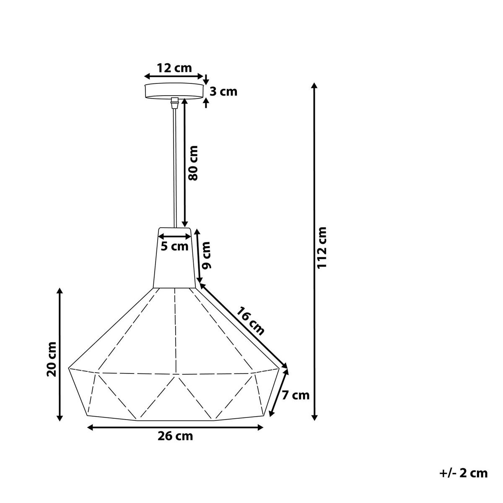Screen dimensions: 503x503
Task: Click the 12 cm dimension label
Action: click(x=174, y=68)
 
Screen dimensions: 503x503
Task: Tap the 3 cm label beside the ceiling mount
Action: click(x=223, y=92)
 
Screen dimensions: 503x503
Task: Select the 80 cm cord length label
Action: click(x=193, y=163)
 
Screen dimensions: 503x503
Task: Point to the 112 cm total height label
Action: click(x=322, y=247)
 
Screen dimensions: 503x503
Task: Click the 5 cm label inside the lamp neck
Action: click(x=174, y=246)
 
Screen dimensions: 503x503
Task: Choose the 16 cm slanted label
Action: click(x=250, y=321)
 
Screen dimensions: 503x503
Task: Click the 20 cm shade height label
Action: click(x=51, y=359)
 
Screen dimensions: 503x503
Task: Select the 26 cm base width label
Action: click(x=175, y=436)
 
